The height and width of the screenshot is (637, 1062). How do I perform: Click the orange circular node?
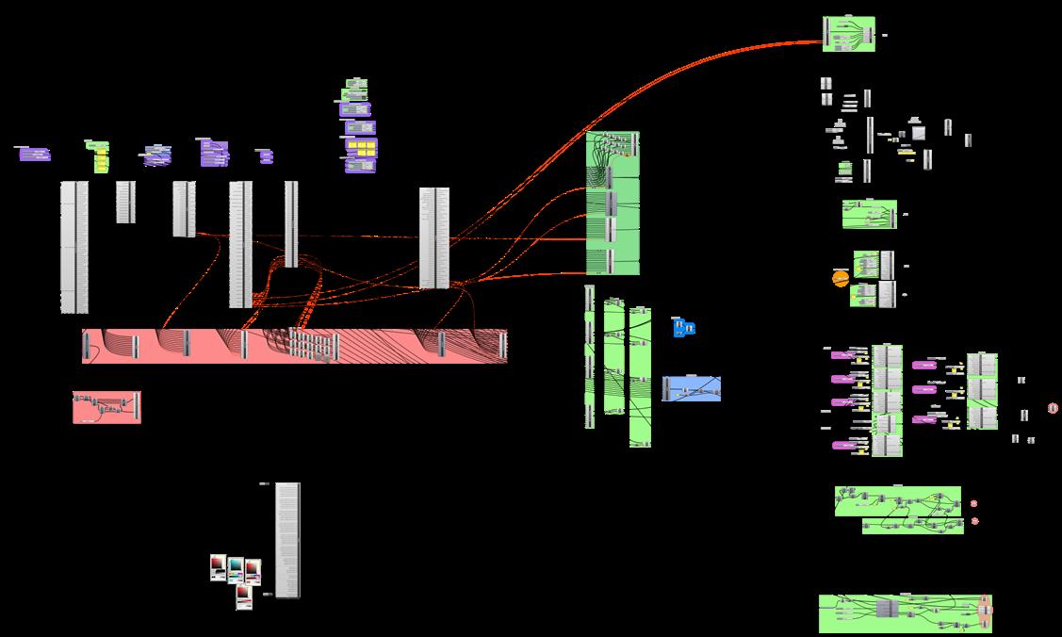[x=840, y=278]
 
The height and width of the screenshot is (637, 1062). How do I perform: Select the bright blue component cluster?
[x=684, y=328]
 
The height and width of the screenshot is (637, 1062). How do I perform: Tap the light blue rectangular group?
[x=692, y=388]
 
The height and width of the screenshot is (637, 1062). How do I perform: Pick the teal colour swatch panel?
[x=235, y=569]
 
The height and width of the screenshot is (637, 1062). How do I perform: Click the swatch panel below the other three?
[x=244, y=596]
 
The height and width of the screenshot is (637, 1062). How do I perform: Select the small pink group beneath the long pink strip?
[x=106, y=407]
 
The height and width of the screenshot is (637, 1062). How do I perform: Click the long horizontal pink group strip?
[x=294, y=346]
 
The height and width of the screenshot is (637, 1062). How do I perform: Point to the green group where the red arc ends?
[x=849, y=34]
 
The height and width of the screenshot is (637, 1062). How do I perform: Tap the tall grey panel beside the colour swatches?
[x=288, y=540]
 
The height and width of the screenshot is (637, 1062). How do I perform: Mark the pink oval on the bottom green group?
[x=986, y=611]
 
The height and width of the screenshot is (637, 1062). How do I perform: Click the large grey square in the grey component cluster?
[x=918, y=133]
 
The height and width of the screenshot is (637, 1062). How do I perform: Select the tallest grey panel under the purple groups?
[x=74, y=246]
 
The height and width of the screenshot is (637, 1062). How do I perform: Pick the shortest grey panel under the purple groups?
[x=125, y=202]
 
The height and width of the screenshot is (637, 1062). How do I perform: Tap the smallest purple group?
[x=265, y=155]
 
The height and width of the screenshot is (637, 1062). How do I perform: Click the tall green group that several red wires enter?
[x=613, y=204]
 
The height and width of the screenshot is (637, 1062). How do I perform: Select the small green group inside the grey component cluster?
[x=845, y=171]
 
